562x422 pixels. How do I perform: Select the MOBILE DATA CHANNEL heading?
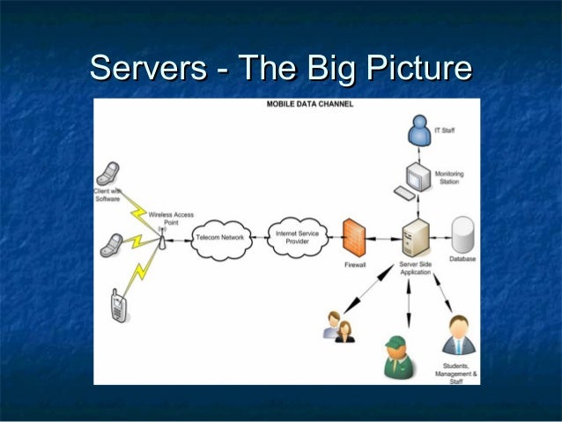310,105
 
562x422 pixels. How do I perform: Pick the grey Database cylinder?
462,234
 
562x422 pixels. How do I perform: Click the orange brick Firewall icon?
355,237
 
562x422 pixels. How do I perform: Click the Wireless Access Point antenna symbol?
162,234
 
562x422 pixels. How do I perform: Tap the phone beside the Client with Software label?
109,174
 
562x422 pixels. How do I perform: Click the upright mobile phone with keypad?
118,306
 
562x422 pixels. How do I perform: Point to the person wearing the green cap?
397,356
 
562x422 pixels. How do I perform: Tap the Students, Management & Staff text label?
456,374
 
